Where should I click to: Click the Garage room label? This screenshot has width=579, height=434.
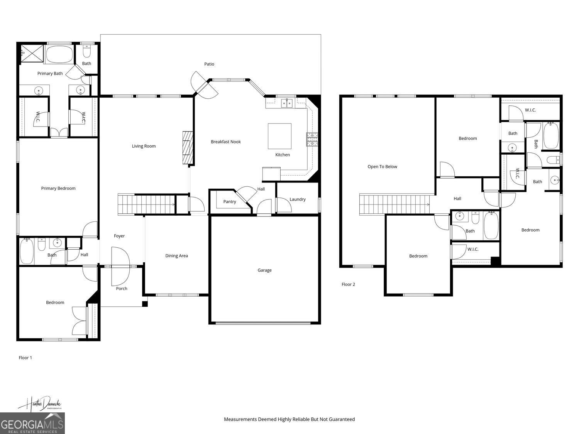(264, 270)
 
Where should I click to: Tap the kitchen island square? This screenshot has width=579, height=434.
(279, 136)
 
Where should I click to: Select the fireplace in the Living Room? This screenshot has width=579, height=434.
(187, 148)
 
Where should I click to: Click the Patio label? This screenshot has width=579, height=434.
(209, 64)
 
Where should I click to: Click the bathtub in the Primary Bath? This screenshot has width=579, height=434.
(59, 54)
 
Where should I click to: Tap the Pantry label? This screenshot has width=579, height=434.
(229, 201)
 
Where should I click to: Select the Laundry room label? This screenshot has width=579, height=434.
(297, 199)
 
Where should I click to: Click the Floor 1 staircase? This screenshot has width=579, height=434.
(146, 204)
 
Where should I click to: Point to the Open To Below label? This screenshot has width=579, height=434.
(382, 167)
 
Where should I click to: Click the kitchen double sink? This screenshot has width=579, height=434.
(286, 103)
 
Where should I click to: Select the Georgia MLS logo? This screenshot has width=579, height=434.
(32, 423)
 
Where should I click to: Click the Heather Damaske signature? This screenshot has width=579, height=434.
(39, 404)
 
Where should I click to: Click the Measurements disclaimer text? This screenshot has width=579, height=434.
(289, 419)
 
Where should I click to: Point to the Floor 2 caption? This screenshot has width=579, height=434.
(348, 284)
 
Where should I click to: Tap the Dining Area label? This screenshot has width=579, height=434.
(176, 255)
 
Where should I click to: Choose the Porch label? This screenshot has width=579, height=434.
(122, 288)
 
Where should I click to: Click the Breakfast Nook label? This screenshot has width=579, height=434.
(225, 142)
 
